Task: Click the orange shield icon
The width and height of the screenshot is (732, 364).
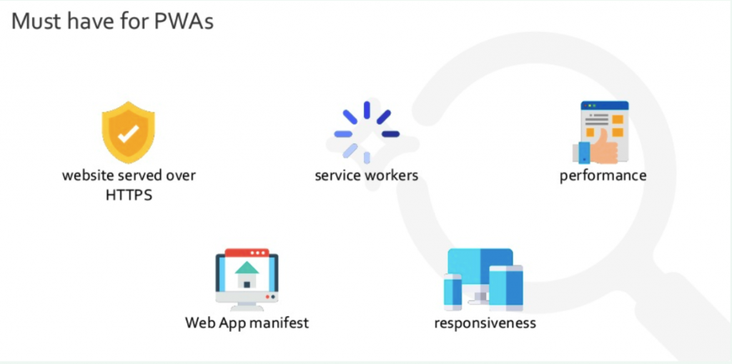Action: [x=129, y=133]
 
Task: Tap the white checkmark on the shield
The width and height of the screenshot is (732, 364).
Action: [x=128, y=133]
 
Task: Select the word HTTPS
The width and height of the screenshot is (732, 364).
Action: [x=129, y=195]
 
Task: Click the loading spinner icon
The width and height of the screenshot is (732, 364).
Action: [x=367, y=133]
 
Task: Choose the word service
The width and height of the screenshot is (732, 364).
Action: [x=338, y=176]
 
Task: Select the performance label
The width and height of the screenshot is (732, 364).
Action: [x=603, y=176]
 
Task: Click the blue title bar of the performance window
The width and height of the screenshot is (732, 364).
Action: [x=605, y=106]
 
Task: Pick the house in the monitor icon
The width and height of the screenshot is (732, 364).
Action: [x=247, y=275]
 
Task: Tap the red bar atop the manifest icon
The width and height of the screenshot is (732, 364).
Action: [x=247, y=252]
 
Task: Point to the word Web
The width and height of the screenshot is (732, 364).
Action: [x=198, y=323]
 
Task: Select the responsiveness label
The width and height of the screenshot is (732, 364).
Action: [x=485, y=323]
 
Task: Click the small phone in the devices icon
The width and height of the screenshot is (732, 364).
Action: [x=452, y=292]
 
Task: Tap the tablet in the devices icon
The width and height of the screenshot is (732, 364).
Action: [x=506, y=287]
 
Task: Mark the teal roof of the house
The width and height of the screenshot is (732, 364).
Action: [x=247, y=267]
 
